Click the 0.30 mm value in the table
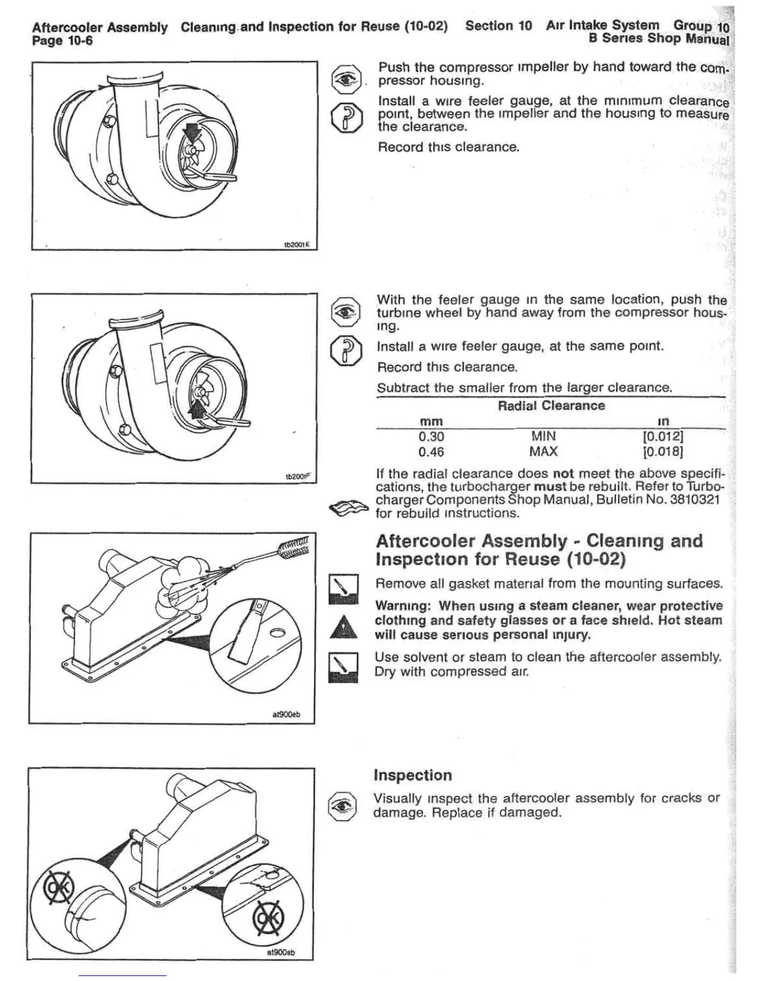click(431, 437)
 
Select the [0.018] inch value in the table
click(663, 451)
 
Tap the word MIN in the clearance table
click(543, 437)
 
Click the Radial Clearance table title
click(551, 406)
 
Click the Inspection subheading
click(413, 775)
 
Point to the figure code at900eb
click(286, 715)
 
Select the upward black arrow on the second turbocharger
click(199, 406)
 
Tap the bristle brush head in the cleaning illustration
click(294, 547)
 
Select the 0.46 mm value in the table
click(431, 451)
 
